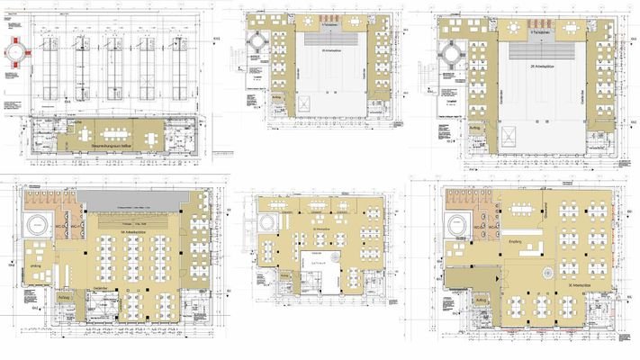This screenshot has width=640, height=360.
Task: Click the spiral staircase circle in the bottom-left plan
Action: click(x=39, y=222)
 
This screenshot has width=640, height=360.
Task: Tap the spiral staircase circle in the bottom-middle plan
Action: click(x=266, y=221)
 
